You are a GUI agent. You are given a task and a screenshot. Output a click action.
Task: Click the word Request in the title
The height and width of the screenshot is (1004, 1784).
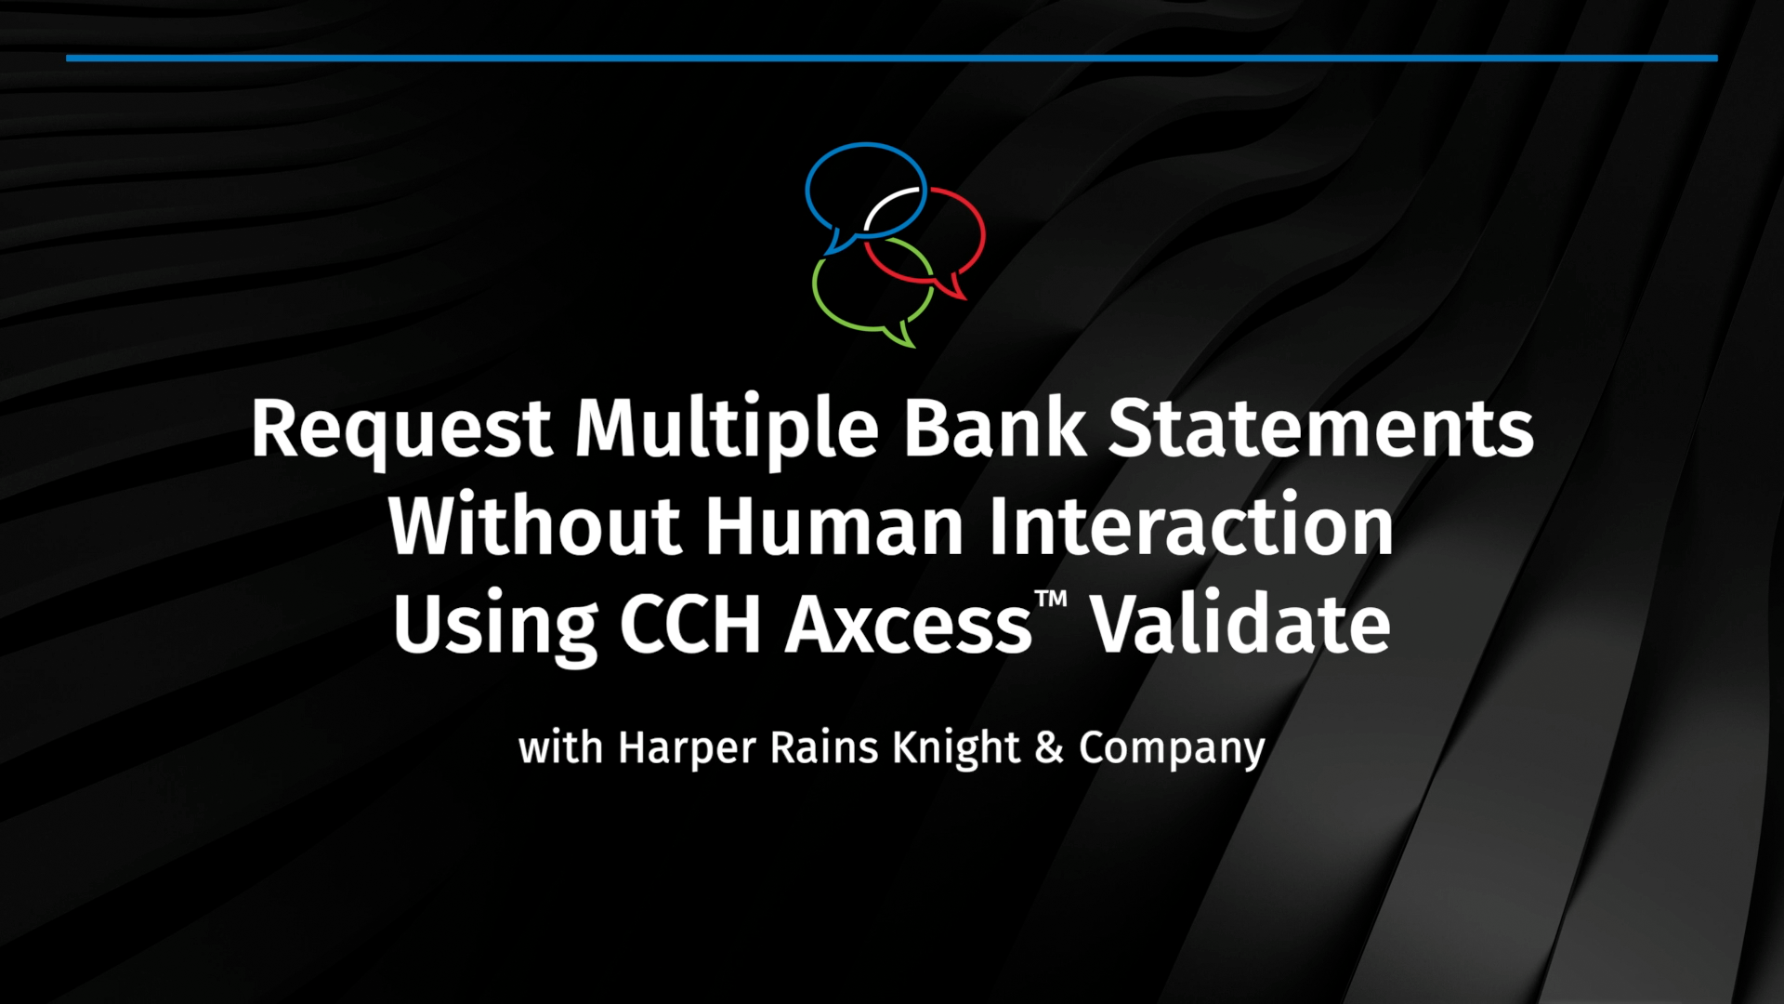pos(401,430)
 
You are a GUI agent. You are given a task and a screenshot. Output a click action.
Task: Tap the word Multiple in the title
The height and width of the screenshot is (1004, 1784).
pos(727,430)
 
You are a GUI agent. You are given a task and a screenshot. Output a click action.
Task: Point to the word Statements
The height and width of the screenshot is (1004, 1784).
pos(1320,429)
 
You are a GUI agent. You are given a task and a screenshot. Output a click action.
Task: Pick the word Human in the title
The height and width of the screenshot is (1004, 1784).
pos(834,526)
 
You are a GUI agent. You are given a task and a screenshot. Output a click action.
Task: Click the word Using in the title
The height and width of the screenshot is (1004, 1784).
pos(495,627)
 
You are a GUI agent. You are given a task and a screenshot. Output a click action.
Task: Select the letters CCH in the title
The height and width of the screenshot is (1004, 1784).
pos(690,624)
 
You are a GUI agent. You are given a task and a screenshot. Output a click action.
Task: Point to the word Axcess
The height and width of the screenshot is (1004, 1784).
pos(909,624)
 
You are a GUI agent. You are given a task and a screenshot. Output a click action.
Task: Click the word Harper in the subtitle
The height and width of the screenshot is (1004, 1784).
pos(688,749)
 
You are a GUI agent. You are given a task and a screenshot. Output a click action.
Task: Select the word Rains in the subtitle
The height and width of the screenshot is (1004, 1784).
pos(824,747)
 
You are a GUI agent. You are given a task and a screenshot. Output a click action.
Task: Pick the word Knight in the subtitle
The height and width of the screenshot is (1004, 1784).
pos(957,749)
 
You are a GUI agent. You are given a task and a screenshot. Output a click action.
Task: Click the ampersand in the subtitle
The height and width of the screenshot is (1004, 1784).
pos(1049,748)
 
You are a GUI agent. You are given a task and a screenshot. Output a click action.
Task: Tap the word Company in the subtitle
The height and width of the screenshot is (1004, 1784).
pos(1172,749)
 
